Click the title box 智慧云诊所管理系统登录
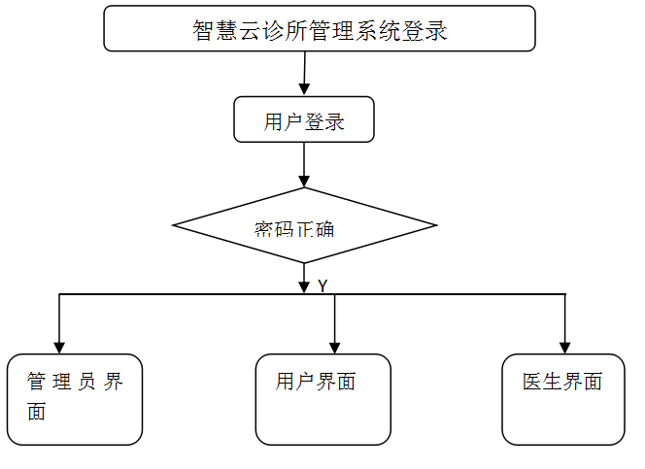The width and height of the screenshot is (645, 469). [319, 28]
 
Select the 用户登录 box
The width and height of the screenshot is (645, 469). [304, 119]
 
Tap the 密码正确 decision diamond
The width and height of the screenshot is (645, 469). [304, 226]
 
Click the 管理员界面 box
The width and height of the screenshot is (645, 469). [75, 399]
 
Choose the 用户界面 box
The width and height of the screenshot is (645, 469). [323, 399]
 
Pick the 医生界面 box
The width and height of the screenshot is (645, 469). [563, 399]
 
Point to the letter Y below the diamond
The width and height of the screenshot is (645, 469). [322, 286]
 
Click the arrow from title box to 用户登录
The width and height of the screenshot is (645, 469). [305, 73]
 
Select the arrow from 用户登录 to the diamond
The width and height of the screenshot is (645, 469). [304, 163]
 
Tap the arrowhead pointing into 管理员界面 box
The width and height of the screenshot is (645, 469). [59, 347]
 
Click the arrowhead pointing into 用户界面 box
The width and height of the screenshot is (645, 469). [335, 347]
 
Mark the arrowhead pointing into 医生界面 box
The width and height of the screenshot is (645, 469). [564, 347]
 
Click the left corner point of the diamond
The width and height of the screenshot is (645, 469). [174, 226]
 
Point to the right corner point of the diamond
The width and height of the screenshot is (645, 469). [436, 226]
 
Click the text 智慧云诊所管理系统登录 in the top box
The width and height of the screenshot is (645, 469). [320, 30]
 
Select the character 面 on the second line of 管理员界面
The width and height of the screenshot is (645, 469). [37, 412]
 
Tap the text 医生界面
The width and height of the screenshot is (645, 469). [562, 382]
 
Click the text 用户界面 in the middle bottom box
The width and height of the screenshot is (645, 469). [316, 382]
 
